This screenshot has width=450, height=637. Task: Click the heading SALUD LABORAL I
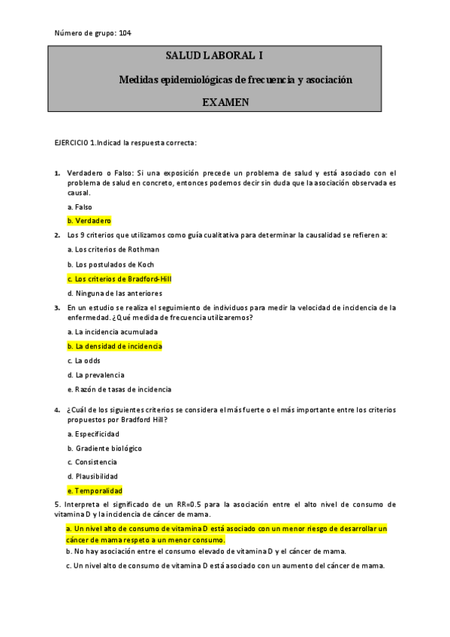click(214, 56)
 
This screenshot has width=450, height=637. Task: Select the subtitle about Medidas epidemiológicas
click(235, 79)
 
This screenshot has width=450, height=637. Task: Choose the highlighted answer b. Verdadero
click(89, 221)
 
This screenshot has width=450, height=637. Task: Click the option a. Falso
click(80, 207)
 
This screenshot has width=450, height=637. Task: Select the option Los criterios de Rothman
click(113, 249)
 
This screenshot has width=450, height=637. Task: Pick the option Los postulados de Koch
click(110, 264)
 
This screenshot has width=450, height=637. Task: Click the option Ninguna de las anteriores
click(114, 294)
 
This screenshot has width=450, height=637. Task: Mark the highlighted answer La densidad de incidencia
click(114, 346)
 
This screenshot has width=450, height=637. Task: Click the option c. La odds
click(83, 361)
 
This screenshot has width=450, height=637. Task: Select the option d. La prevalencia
click(95, 375)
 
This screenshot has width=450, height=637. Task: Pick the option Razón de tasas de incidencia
click(119, 389)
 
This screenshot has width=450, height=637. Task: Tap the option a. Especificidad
click(93, 434)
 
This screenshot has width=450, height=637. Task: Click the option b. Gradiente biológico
click(104, 448)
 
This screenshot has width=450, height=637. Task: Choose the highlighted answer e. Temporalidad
click(95, 490)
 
